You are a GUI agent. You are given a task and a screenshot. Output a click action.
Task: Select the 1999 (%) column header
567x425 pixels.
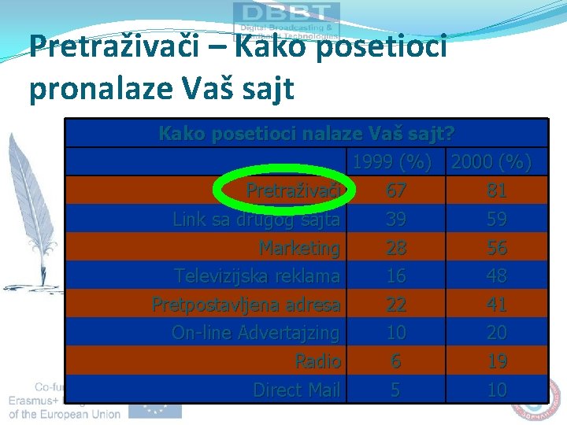point(392,163)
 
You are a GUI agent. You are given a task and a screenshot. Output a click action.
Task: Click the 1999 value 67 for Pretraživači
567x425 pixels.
point(396,191)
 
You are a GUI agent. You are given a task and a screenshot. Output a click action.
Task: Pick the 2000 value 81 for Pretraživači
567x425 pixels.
point(496,191)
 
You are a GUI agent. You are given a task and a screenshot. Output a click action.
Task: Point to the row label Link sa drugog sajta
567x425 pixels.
point(257,220)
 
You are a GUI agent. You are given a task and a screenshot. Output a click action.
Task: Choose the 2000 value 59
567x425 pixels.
point(496,220)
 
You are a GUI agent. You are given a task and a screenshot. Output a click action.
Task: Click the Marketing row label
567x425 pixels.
point(300,248)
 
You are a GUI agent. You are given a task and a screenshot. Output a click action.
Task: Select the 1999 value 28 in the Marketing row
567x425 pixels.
point(396,248)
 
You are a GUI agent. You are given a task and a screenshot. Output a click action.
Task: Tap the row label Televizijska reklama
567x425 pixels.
point(258,276)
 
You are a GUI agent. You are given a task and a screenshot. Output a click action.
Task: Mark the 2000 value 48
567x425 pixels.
point(496,276)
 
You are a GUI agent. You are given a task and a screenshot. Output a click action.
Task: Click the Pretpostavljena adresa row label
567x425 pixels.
point(246,305)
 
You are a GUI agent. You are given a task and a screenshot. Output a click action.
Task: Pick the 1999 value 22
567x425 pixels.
point(396,305)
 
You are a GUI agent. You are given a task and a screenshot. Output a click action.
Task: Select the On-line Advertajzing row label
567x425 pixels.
point(256,333)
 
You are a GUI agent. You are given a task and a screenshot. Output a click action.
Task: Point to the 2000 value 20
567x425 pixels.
point(496,333)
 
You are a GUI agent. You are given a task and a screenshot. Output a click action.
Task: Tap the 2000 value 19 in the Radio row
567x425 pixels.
point(496,361)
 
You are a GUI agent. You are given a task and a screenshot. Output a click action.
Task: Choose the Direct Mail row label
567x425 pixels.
point(297,390)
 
